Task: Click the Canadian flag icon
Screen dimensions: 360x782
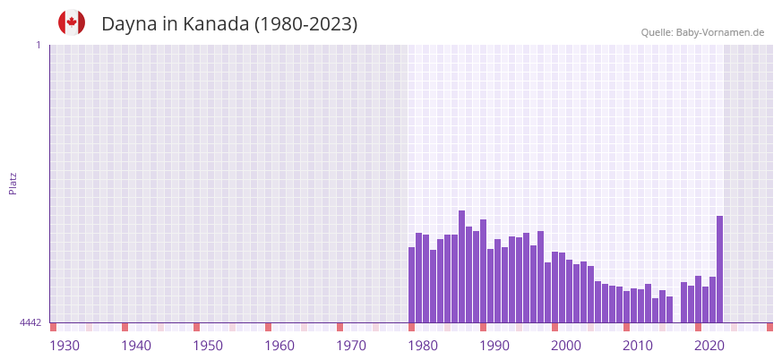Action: coord(72,23)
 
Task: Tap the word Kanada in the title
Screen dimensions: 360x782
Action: coord(216,24)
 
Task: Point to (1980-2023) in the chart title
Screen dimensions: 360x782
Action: coord(305,24)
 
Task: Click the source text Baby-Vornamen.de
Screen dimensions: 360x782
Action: coord(719,32)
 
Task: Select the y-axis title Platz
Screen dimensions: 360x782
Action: coord(13,183)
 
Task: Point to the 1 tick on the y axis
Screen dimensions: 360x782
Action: coord(38,45)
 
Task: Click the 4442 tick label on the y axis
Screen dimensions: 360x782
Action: coord(30,322)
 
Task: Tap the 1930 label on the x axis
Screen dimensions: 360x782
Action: coord(64,346)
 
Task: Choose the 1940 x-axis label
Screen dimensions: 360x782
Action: coord(136,346)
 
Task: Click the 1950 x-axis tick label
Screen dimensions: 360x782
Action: coord(208,346)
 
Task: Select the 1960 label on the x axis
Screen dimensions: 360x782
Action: coord(279,346)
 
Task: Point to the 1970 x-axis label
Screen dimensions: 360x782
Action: coord(351,346)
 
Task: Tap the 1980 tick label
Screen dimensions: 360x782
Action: coord(423,346)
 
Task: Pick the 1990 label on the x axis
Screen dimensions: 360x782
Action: coord(494,346)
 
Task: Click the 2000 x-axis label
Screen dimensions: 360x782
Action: coord(566,346)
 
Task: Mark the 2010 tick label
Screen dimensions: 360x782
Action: coord(638,346)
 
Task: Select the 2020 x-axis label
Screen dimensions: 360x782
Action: coord(709,346)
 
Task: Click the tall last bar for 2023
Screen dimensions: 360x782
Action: coord(719,269)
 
